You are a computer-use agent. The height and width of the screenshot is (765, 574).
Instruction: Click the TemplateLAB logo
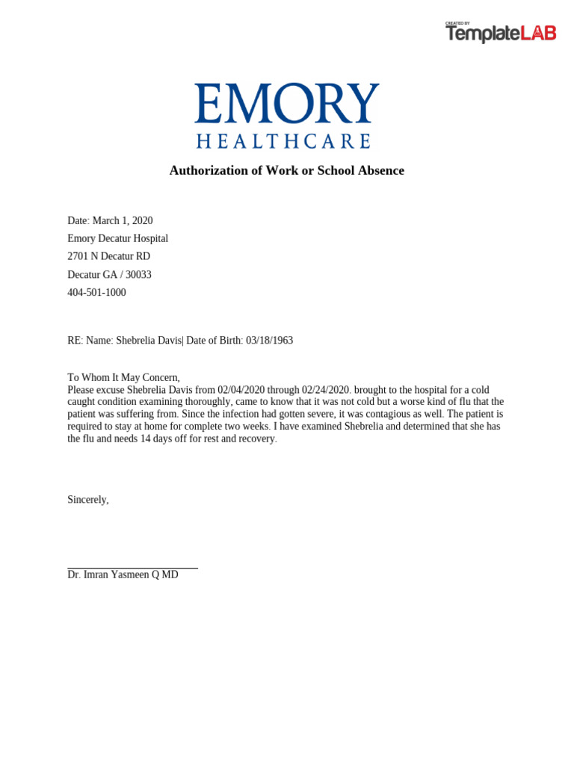click(x=501, y=33)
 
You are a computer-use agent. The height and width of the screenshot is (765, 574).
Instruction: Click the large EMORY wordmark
click(x=287, y=104)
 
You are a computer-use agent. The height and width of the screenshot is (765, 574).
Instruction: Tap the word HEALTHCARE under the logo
click(x=284, y=141)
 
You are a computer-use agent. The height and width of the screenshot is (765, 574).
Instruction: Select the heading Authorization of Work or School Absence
click(x=287, y=170)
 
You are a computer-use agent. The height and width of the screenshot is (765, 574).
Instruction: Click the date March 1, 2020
click(x=123, y=220)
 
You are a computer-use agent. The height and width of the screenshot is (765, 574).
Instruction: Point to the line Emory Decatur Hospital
click(x=117, y=238)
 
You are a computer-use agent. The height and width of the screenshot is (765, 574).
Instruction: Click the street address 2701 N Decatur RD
click(x=108, y=256)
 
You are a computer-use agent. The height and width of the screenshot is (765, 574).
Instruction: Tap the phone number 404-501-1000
click(x=96, y=292)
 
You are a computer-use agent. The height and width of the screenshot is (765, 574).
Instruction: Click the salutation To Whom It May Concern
click(x=123, y=378)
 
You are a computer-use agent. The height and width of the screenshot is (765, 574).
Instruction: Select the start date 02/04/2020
click(x=241, y=390)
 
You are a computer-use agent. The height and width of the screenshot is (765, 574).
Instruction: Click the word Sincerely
click(x=88, y=500)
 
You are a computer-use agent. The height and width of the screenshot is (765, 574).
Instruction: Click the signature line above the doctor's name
click(x=132, y=568)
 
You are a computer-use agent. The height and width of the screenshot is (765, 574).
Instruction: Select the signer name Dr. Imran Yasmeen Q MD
click(x=123, y=574)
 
